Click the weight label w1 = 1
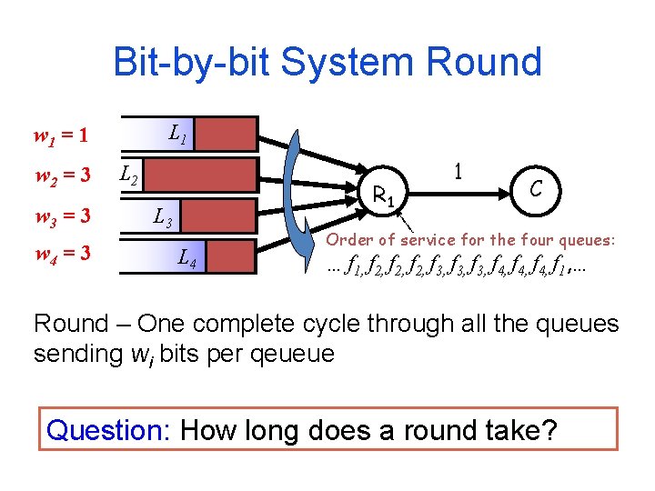click(61, 137)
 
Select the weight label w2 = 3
click(61, 175)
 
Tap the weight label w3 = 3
click(61, 216)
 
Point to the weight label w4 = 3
click(61, 251)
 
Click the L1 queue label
click(178, 137)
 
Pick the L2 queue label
click(130, 173)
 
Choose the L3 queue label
click(164, 217)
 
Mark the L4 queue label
click(186, 258)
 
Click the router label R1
click(385, 194)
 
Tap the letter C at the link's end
click(537, 188)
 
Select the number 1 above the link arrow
click(459, 171)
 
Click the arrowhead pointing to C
click(499, 192)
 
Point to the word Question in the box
click(108, 428)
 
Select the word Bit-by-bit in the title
click(191, 62)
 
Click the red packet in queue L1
click(227, 134)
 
